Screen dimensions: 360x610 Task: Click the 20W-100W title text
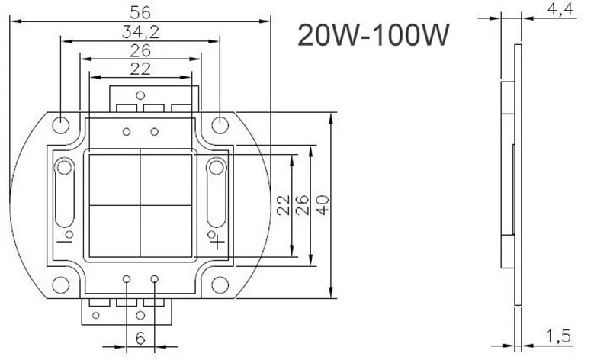(371, 34)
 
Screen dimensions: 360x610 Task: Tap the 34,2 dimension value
(140, 31)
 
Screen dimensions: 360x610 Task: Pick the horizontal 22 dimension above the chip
(140, 69)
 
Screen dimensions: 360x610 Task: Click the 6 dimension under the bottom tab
(140, 338)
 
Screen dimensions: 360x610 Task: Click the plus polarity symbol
(217, 243)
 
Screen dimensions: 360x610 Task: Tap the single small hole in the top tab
(140, 95)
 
